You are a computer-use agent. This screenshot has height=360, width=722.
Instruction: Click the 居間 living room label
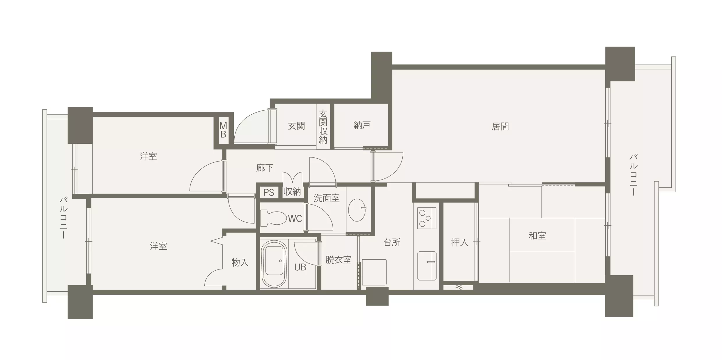point(500,127)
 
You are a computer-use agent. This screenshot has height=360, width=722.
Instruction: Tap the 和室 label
point(537,235)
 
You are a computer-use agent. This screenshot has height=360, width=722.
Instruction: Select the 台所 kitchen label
point(392,242)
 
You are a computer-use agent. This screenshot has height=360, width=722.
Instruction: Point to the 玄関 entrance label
point(296,126)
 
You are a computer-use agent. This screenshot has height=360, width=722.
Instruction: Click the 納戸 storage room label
point(362,125)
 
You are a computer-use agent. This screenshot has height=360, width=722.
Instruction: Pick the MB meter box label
point(223,130)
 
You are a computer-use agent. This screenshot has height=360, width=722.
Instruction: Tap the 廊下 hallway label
point(265,168)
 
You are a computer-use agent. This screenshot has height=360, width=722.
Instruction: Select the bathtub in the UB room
point(274,264)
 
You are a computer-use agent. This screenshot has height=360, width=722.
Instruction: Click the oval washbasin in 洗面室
point(357,210)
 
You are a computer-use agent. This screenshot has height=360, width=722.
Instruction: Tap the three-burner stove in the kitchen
point(427,218)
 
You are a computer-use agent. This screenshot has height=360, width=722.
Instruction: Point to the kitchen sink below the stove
point(427,266)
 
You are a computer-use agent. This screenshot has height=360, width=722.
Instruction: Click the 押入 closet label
point(460,242)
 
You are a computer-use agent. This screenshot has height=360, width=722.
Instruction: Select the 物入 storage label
point(240,263)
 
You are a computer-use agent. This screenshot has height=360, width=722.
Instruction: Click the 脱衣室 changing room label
point(338,260)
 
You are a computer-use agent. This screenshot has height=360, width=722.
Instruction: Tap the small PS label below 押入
point(459,288)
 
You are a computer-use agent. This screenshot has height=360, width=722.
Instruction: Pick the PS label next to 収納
point(269,192)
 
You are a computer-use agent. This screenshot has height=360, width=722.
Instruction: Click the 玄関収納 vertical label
point(323,127)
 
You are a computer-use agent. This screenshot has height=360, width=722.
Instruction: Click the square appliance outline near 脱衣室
point(374,272)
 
